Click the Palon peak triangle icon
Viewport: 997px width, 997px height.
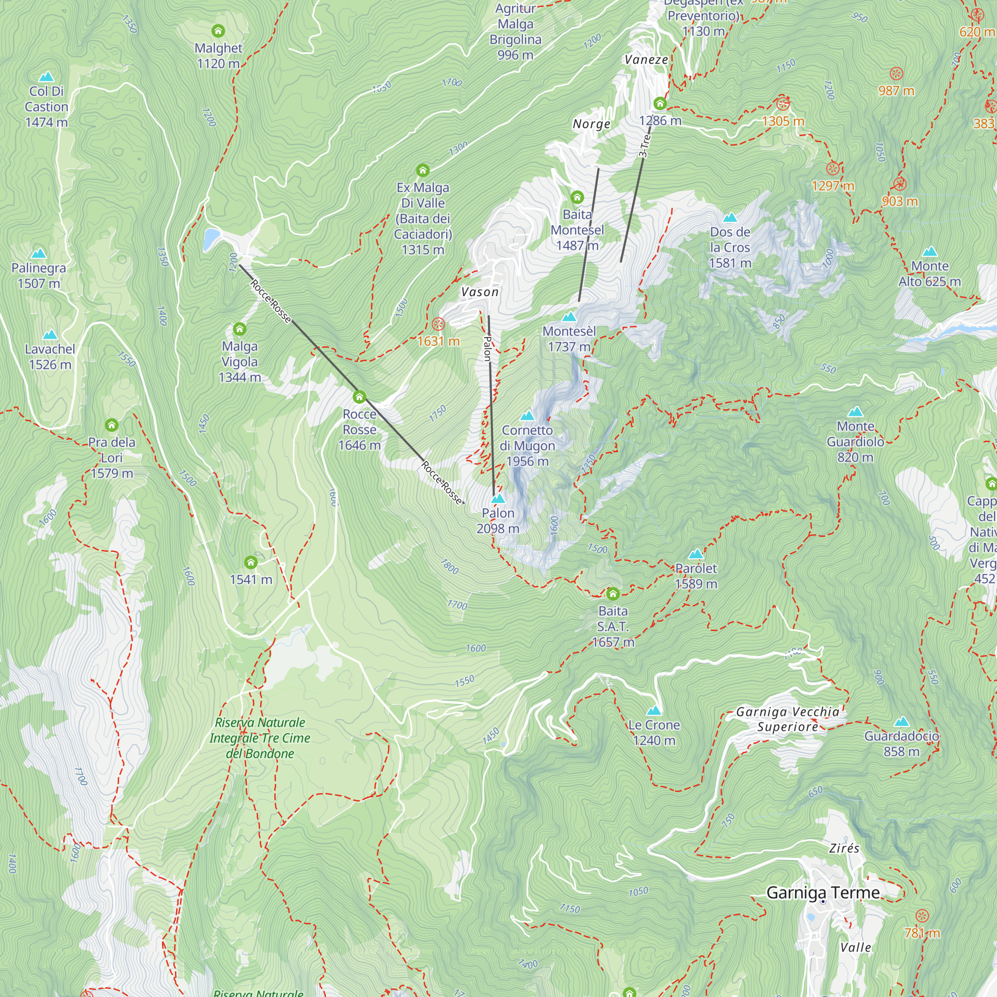coord(498,499)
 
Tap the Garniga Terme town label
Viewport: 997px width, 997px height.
coord(823,892)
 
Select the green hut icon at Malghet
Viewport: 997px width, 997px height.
coord(218,31)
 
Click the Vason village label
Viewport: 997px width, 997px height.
coord(480,292)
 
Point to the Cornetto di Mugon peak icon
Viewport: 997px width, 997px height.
coord(527,416)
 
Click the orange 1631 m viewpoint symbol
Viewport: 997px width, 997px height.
coord(438,324)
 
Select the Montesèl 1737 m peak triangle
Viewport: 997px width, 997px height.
coord(569,317)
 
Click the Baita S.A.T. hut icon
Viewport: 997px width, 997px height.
coord(613,594)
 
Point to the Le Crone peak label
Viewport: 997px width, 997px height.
coord(654,733)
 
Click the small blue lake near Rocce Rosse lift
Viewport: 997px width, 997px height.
coord(211,239)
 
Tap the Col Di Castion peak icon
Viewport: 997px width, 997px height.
coord(46,77)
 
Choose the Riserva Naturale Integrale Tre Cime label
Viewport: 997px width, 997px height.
coord(260,738)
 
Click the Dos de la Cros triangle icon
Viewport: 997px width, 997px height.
coord(730,217)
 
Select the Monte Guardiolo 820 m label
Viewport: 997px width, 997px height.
coord(855,442)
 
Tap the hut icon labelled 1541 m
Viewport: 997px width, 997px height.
coord(251,562)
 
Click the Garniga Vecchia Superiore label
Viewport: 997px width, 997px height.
coord(788,719)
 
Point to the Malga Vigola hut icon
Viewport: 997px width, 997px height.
coord(239,329)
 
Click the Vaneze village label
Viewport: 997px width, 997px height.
coord(646,60)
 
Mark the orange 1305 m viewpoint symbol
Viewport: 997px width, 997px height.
coord(783,104)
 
